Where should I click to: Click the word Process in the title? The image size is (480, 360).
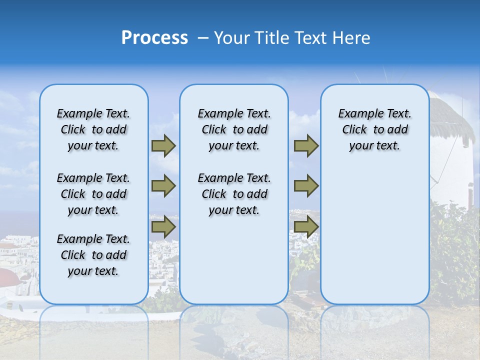tap(154, 38)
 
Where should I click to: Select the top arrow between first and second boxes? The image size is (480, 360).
tap(163, 146)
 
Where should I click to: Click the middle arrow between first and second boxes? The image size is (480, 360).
tap(163, 186)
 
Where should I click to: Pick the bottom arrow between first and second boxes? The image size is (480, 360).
tap(163, 227)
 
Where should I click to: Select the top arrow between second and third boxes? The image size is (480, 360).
tap(306, 146)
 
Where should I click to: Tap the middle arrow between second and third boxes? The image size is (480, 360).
tap(306, 186)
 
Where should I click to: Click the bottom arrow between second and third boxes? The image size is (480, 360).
tap(306, 227)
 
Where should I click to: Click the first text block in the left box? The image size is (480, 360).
tap(93, 129)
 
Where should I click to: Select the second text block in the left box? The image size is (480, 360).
tap(93, 194)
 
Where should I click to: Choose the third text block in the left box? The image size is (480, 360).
tap(93, 255)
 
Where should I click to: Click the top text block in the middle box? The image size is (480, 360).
tap(234, 129)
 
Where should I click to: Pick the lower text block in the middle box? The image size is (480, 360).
tap(234, 194)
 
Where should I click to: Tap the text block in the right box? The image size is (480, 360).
tap(374, 129)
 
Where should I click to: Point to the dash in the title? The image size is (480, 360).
tap(203, 38)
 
